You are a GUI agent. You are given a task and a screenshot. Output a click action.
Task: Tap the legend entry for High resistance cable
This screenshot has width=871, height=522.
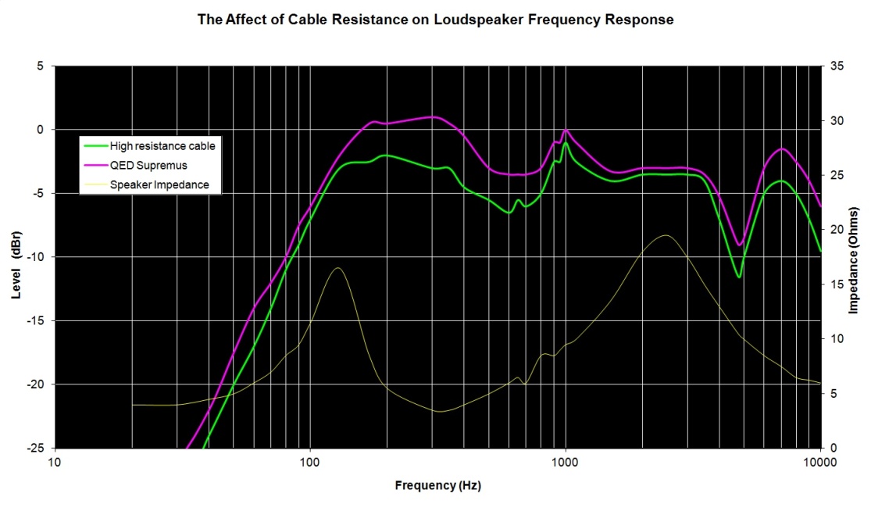point(162,145)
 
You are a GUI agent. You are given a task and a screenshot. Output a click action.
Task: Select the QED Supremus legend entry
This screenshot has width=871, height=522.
point(148,165)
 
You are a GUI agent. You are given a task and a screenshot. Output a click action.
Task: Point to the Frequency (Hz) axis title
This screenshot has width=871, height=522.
point(437,486)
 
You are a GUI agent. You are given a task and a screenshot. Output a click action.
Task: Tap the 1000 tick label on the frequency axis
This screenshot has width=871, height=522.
point(565,463)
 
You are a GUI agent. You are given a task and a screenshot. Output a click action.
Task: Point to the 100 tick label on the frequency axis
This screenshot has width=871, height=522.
point(310,463)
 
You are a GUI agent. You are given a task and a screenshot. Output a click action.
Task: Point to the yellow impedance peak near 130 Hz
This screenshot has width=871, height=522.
point(337,268)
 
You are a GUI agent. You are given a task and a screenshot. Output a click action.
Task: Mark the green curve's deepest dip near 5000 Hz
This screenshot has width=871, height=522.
point(738,277)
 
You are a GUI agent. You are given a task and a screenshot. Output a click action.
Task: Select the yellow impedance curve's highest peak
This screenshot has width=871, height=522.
point(665,235)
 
